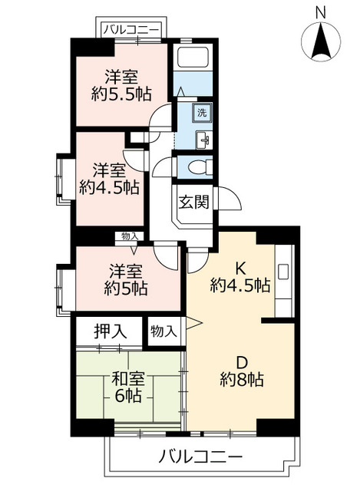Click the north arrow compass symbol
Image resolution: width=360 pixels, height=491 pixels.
[321, 41]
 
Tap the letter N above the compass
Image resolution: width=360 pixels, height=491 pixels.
[321, 13]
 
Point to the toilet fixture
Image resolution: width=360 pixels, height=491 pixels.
[200, 166]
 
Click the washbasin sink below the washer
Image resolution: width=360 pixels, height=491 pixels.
[203, 140]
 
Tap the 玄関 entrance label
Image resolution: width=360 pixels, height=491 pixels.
[193, 203]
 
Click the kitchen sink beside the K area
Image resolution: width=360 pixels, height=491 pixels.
[283, 272]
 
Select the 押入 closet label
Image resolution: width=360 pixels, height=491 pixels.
[111, 331]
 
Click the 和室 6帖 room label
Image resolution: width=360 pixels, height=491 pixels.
[128, 387]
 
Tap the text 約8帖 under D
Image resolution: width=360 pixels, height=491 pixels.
[241, 380]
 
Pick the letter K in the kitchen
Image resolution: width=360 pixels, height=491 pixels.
[240, 269]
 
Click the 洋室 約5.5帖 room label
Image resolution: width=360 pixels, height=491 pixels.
[121, 85]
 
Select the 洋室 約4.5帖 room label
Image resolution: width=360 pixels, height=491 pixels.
[109, 179]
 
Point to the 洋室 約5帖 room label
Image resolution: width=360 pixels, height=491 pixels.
[126, 279]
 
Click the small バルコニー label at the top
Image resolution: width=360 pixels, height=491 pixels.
[131, 31]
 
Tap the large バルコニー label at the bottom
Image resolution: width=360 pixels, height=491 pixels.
[200, 457]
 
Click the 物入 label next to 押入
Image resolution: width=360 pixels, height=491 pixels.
[163, 331]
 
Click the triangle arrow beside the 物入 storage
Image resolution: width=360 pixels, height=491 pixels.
[193, 322]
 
